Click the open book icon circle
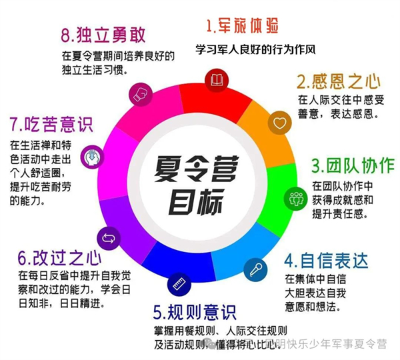pyautogui.click(x=217, y=81)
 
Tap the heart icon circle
pyautogui.click(x=279, y=123)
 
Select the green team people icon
pyautogui.click(x=296, y=199)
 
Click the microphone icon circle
pyautogui.click(x=255, y=270)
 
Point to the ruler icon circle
pyautogui.click(x=179, y=285)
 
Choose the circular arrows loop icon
pyautogui.click(x=109, y=239)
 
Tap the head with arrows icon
pyautogui.click(x=93, y=157)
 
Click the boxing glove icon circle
pyautogui.click(x=141, y=95)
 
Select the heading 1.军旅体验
pyautogui.click(x=242, y=26)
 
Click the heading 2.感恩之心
pyautogui.click(x=339, y=81)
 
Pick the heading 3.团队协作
pyautogui.click(x=353, y=166)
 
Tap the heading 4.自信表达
pyautogui.click(x=326, y=261)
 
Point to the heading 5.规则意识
pyautogui.click(x=195, y=312)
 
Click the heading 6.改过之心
pyautogui.click(x=60, y=258)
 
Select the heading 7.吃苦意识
pyautogui.click(x=51, y=124)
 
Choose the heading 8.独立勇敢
pyautogui.click(x=103, y=35)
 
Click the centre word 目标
pyautogui.click(x=196, y=201)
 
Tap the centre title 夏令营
pyautogui.click(x=197, y=169)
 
